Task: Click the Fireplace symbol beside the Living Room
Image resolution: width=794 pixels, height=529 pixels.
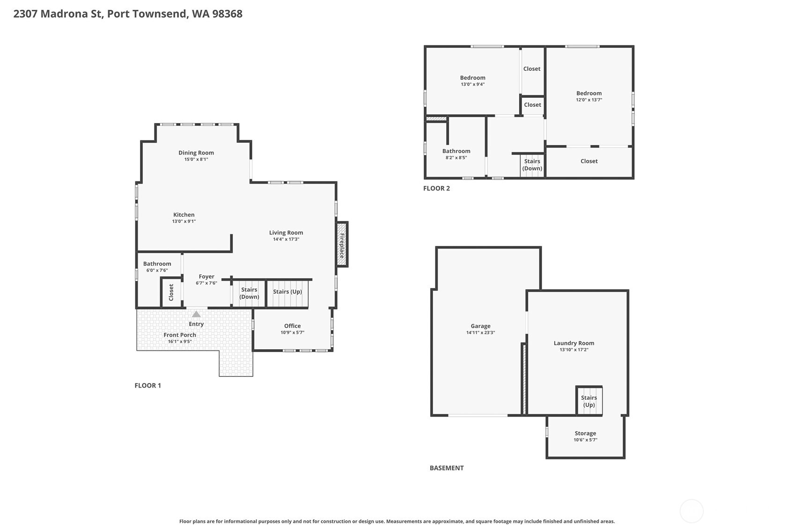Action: [342, 244]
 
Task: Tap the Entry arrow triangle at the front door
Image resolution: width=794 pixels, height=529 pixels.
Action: [196, 314]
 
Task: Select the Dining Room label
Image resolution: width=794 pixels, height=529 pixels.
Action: [196, 153]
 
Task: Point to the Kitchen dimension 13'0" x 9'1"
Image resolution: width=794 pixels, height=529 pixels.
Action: [184, 221]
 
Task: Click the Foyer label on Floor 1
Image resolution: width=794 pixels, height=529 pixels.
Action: [206, 277]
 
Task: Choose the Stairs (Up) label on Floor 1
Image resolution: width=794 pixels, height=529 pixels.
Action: [287, 292]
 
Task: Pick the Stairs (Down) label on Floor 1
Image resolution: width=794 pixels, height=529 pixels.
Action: [249, 293]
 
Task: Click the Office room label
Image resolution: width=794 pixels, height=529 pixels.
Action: [293, 326]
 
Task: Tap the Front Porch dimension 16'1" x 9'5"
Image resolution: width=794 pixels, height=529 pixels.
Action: [180, 341]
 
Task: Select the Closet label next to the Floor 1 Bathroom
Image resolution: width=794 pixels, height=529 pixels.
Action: [171, 293]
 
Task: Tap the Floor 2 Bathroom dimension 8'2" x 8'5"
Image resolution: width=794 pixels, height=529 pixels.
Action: [456, 157]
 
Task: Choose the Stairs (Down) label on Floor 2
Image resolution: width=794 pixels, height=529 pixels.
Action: [532, 165]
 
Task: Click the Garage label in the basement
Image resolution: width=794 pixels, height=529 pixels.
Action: [481, 326]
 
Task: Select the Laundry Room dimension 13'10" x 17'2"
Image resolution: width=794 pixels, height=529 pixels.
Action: [574, 350]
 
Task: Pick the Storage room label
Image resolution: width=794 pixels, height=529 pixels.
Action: [585, 433]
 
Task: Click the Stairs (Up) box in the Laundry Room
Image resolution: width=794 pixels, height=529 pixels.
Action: [589, 401]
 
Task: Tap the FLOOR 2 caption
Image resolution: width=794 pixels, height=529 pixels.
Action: [436, 188]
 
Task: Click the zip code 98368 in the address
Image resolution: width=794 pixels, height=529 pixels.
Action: [227, 14]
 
